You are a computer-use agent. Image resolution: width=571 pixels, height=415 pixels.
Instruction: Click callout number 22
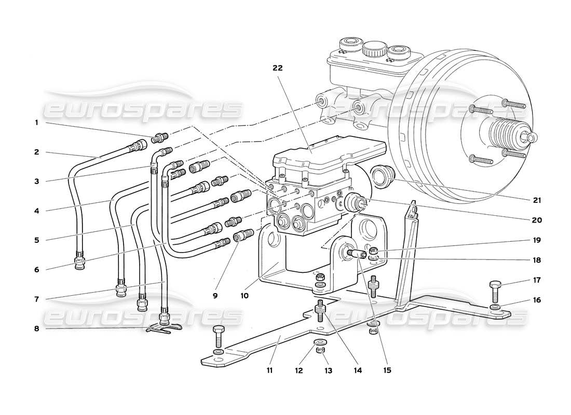click(x=278, y=68)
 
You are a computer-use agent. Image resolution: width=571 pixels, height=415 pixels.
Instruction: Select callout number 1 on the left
click(x=36, y=123)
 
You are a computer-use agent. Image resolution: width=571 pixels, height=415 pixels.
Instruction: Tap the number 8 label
click(x=36, y=328)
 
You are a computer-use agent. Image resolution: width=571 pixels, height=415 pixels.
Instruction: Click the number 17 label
click(x=536, y=280)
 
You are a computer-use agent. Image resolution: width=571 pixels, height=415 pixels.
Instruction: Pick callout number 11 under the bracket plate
click(x=269, y=371)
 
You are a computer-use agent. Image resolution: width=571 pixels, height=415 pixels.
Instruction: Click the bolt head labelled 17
click(x=496, y=285)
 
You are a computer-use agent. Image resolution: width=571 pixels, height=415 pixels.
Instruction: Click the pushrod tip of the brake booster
click(x=532, y=137)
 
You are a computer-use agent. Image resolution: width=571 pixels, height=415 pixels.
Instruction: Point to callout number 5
click(x=36, y=240)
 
